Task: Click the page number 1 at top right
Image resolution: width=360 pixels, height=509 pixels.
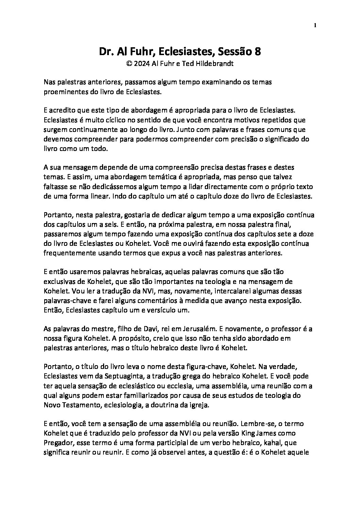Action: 315,25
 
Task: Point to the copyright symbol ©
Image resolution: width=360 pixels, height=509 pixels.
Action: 129,63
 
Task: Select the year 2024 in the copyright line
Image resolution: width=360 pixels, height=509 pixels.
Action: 141,63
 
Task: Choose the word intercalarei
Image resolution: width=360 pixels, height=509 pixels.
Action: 220,291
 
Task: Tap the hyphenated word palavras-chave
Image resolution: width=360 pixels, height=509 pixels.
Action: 65,301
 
